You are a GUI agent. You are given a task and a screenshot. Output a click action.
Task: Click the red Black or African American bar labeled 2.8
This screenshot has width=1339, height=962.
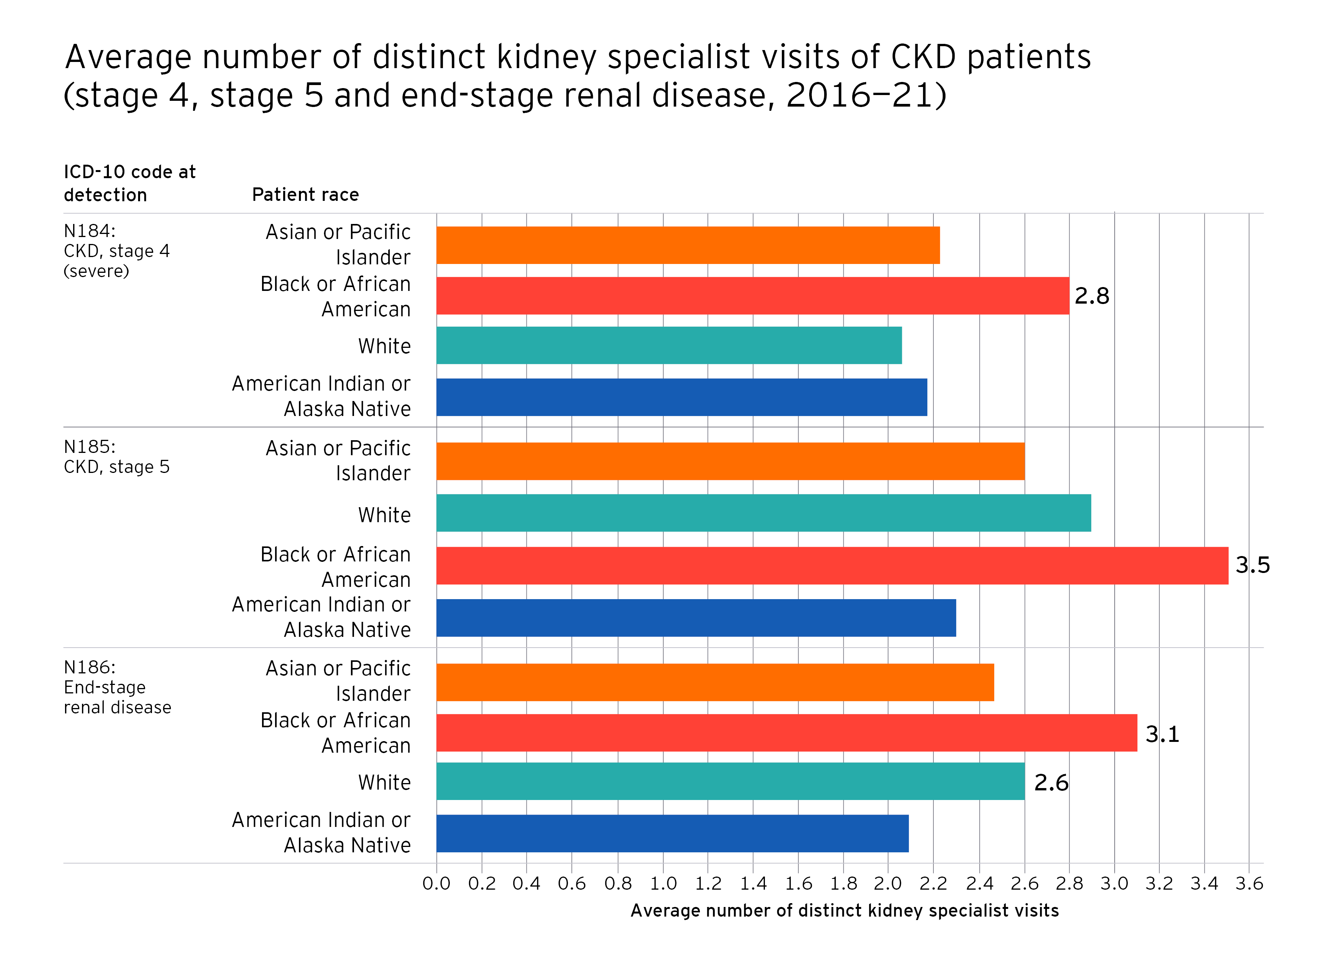point(752,296)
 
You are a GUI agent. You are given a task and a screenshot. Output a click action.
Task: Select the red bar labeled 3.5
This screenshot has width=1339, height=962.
point(832,565)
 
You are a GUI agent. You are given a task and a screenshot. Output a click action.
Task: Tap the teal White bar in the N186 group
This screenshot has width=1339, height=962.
point(730,781)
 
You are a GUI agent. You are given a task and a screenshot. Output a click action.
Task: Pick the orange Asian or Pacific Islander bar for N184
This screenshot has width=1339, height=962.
point(688,245)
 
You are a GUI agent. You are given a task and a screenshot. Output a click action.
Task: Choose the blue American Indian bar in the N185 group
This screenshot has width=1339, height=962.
point(696,618)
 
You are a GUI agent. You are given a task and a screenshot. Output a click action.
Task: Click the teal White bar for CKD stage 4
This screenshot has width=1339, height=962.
point(669,346)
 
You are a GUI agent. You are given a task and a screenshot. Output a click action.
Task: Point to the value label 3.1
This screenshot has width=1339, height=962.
point(1162,734)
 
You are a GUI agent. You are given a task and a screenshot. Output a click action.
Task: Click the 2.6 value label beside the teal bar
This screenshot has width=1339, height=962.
point(1051,782)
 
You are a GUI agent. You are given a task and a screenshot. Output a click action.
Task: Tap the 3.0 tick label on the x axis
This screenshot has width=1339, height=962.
point(1114,884)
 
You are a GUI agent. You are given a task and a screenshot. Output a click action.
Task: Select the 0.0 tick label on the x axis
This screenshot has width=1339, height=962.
point(436,884)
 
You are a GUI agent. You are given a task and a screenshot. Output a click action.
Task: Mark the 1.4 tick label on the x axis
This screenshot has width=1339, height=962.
point(753,884)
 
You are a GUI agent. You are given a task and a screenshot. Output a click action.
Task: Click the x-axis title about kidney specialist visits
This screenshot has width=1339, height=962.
point(844,910)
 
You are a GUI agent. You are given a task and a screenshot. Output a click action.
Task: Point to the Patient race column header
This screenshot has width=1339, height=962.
point(305,195)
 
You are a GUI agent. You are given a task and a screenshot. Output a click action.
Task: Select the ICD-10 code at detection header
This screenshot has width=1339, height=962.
point(129,183)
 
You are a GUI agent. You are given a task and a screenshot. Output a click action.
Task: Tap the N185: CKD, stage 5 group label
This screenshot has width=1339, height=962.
point(116,456)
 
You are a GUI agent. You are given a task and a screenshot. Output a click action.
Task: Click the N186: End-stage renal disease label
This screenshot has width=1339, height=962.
point(117,687)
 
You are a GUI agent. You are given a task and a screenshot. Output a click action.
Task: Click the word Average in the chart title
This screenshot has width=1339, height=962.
point(128,57)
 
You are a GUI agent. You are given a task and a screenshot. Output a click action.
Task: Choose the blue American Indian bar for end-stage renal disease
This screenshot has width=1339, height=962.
point(673,833)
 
